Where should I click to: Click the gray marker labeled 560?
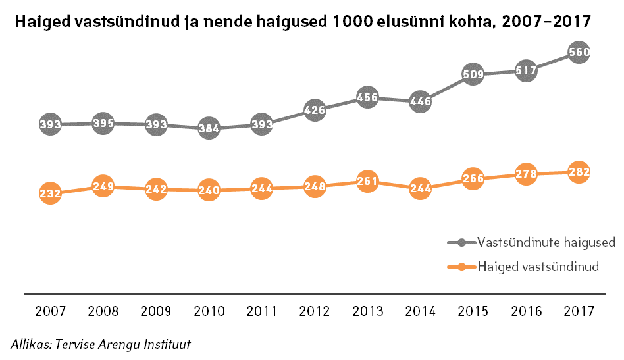coord(579,51)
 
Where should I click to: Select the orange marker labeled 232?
coord(50,193)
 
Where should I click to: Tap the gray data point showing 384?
coord(209,129)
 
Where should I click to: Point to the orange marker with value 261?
coord(367,181)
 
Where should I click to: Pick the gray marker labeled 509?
coord(473,74)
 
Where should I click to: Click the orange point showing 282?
coord(579,172)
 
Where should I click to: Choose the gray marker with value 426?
coord(315,110)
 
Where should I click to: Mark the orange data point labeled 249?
coord(103,187)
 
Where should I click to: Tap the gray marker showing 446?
coord(420,101)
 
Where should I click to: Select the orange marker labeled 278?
coord(526,174)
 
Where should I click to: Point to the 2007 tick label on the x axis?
coord(50,311)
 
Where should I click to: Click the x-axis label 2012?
coord(315,311)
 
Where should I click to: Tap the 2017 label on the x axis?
coord(579,311)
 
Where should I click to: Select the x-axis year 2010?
coord(209,311)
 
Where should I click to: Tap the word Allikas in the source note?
coord(30,344)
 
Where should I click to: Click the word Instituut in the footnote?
coord(169,344)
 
